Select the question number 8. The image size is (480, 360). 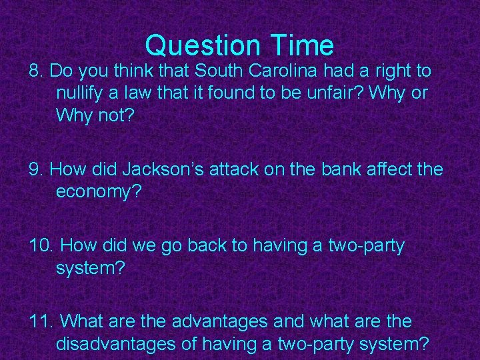point(36,70)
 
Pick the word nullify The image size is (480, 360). point(79,93)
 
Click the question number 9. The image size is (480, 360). point(36,169)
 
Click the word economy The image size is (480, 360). point(97,192)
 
